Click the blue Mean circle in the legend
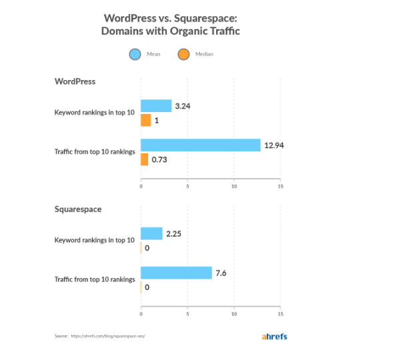[x=135, y=55]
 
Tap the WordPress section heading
[x=75, y=81]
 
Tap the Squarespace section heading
[x=77, y=209]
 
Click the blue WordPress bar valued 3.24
[x=156, y=105]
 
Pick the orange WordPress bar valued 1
[x=145, y=120]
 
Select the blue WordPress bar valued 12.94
[x=200, y=145]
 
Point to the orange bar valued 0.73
[x=144, y=159]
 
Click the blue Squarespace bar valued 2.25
[x=151, y=233]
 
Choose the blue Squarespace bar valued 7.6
[x=176, y=273]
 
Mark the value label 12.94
[x=274, y=145]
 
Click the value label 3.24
[x=183, y=105]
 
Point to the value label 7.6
[x=223, y=273]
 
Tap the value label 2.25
[x=174, y=233]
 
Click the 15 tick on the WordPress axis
[x=280, y=186]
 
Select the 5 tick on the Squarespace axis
[x=187, y=313]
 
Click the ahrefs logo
[x=275, y=336]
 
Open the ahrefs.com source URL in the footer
[x=107, y=337]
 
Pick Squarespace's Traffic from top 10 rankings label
[x=95, y=279]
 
